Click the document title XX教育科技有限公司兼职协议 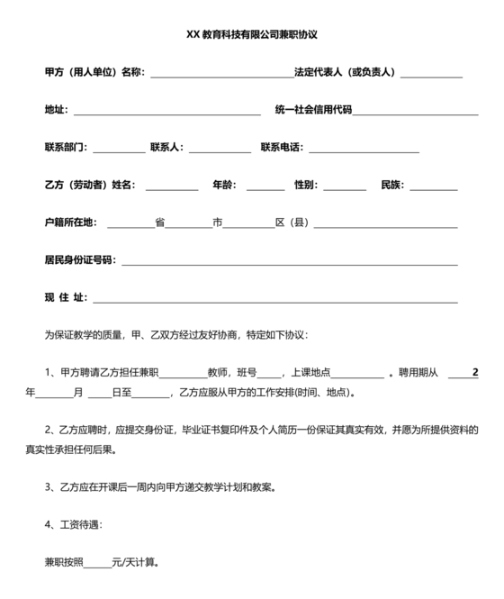pyautogui.click(x=252, y=35)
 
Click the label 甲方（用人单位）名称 pyautogui.click(x=94, y=72)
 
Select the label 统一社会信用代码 pyautogui.click(x=313, y=110)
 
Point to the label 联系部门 pyautogui.click(x=67, y=147)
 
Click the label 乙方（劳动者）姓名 pyautogui.click(x=90, y=185)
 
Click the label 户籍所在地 pyautogui.click(x=71, y=222)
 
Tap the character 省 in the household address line pyautogui.click(x=159, y=222)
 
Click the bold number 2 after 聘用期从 pyautogui.click(x=475, y=372)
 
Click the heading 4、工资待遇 pyautogui.click(x=73, y=524)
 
